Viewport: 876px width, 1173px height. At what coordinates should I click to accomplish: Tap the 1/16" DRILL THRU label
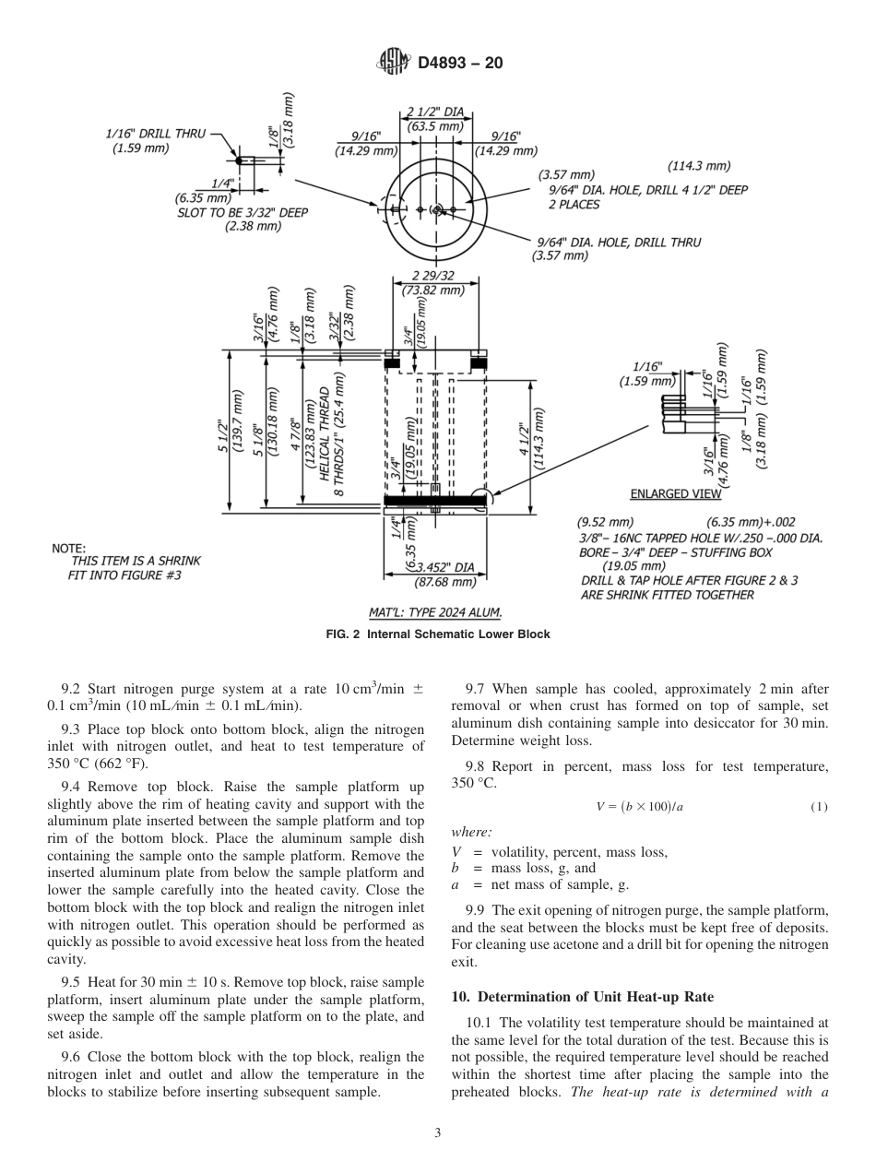[x=154, y=134]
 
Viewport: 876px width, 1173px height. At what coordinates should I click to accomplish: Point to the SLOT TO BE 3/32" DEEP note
[x=243, y=212]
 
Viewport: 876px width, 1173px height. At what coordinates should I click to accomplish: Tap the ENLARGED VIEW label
[x=676, y=493]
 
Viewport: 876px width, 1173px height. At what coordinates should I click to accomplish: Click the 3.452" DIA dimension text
[x=442, y=567]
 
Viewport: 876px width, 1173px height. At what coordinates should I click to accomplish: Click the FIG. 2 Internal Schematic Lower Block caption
[x=437, y=634]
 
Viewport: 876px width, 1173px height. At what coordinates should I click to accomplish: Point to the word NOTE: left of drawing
[x=69, y=549]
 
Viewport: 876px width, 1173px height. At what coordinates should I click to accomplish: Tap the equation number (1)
[x=819, y=807]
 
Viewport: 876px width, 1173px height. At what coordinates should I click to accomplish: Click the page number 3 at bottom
[x=437, y=1132]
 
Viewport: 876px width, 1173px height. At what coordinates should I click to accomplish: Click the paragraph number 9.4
[x=73, y=787]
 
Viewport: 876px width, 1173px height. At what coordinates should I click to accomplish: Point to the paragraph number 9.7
[x=477, y=689]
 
